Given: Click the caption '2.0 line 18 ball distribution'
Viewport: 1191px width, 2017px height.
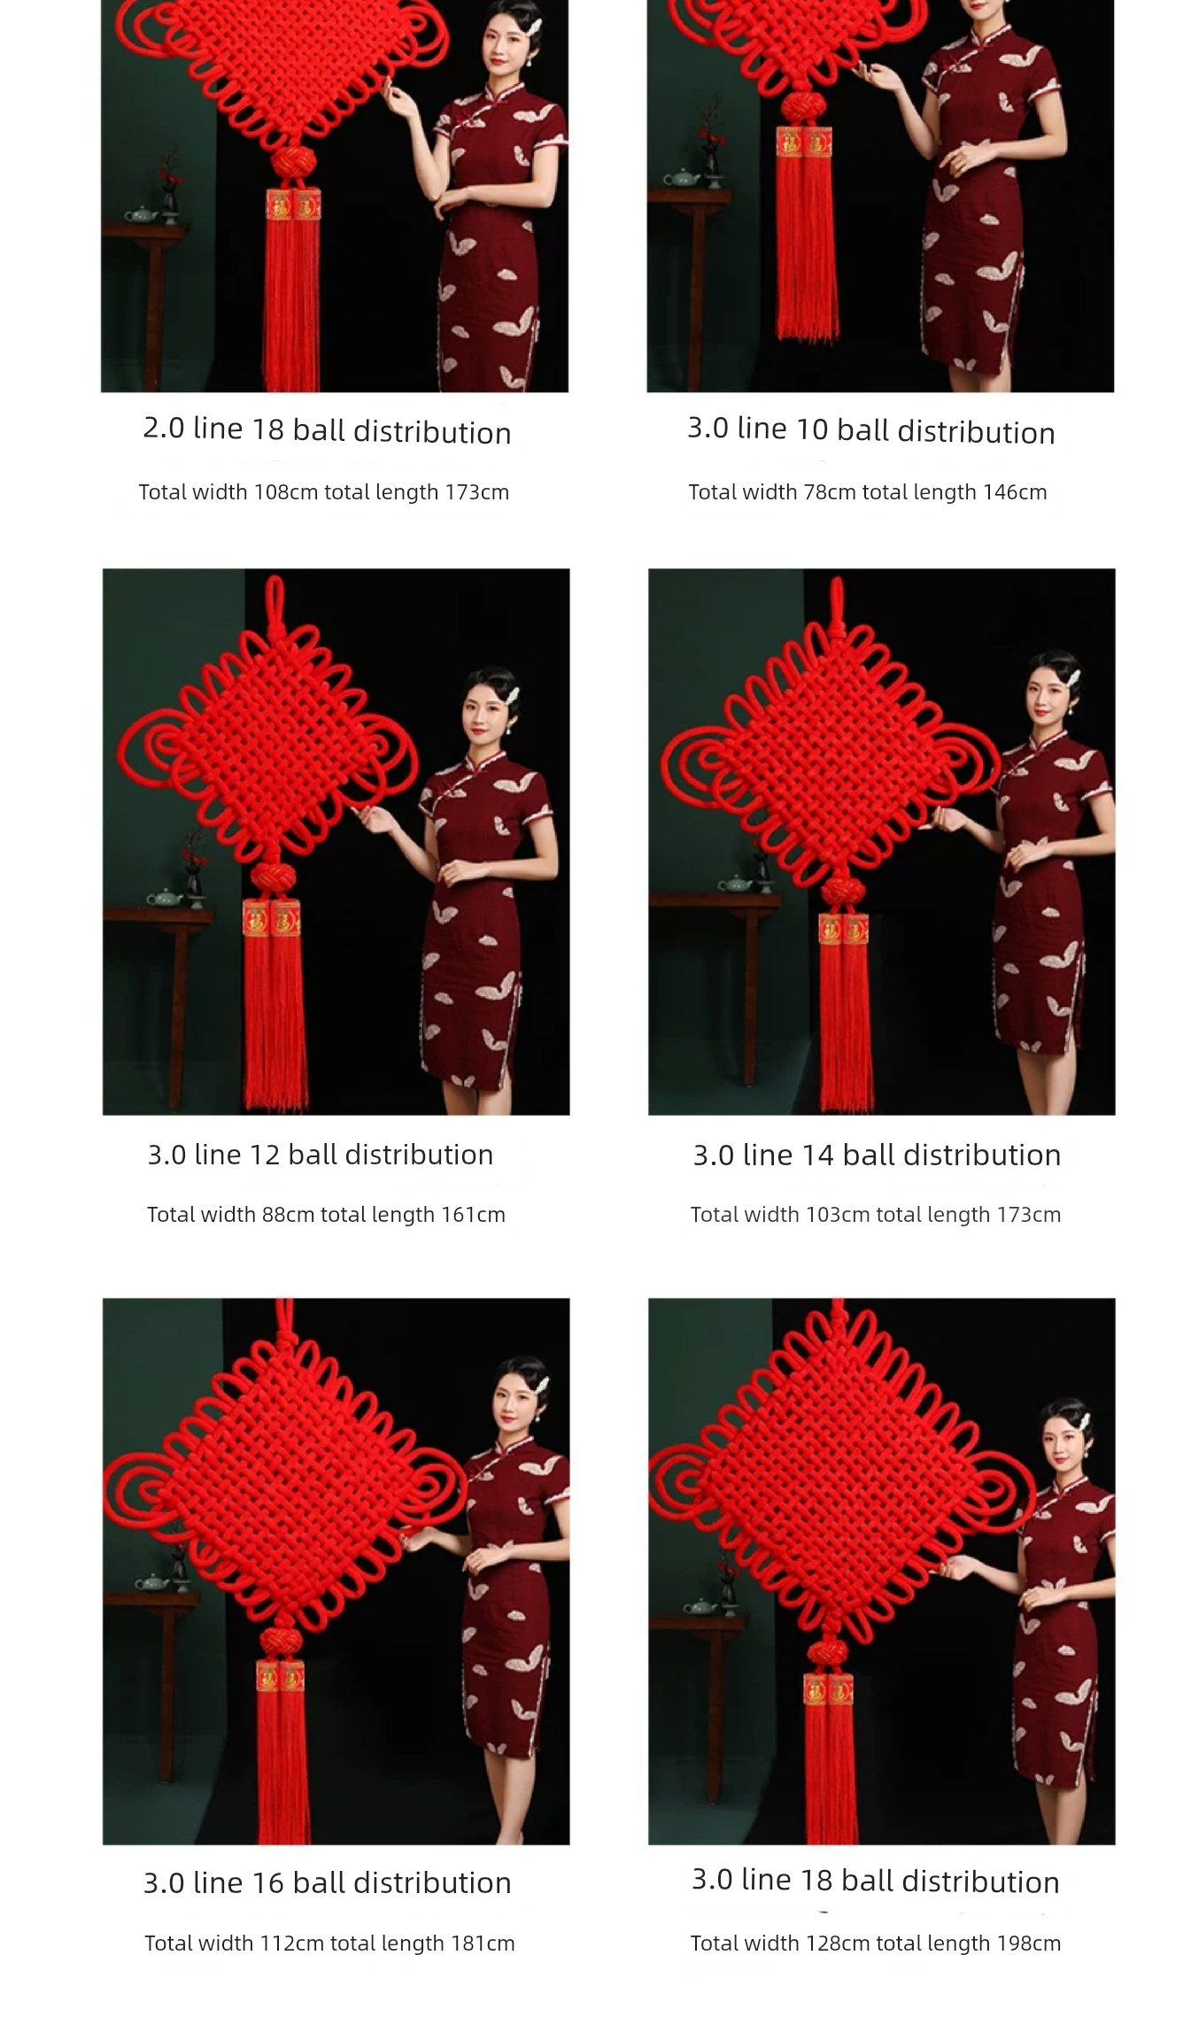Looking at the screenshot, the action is tap(327, 430).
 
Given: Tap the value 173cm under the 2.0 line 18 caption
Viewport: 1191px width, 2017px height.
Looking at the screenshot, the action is tap(476, 492).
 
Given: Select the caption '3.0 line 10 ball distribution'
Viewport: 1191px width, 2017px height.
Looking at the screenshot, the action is tap(871, 430).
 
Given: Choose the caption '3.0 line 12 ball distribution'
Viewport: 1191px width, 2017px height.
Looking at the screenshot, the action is tap(321, 1155).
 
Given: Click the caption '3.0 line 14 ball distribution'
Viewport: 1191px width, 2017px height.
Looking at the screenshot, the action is tap(877, 1155).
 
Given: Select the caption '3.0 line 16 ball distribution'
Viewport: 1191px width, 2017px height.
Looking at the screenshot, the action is tap(328, 1882).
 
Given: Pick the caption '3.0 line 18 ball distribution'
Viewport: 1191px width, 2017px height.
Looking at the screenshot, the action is tap(876, 1881).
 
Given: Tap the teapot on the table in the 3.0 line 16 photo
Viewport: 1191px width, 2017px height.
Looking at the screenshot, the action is tap(152, 1583).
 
